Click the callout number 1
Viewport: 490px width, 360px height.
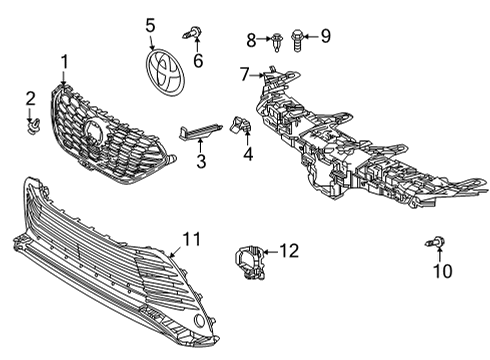[65, 63]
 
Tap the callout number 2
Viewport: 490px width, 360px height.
[30, 98]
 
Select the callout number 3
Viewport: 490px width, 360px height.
[201, 161]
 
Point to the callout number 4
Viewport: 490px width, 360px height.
[247, 156]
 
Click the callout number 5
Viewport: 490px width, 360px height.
[150, 25]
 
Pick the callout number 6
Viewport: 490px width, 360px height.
[197, 61]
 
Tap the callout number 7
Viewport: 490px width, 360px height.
[244, 72]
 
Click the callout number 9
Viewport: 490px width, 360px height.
[324, 37]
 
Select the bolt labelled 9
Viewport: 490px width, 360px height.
[296, 38]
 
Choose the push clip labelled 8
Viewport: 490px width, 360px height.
[273, 39]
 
